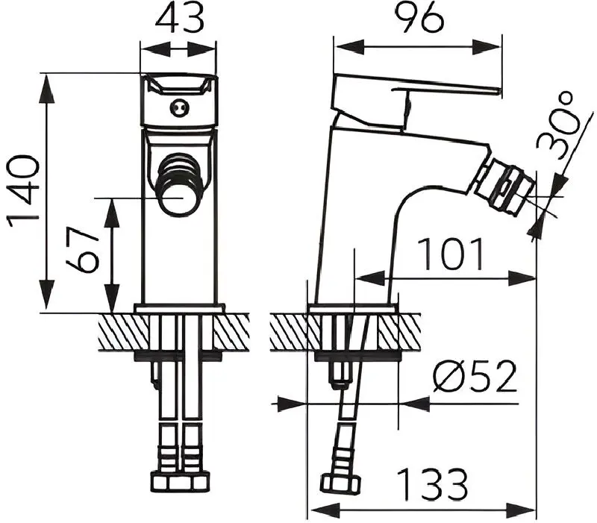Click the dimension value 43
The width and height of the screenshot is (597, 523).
click(x=179, y=19)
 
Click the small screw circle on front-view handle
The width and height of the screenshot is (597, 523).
click(x=179, y=108)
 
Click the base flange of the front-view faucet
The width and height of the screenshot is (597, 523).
click(x=179, y=308)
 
